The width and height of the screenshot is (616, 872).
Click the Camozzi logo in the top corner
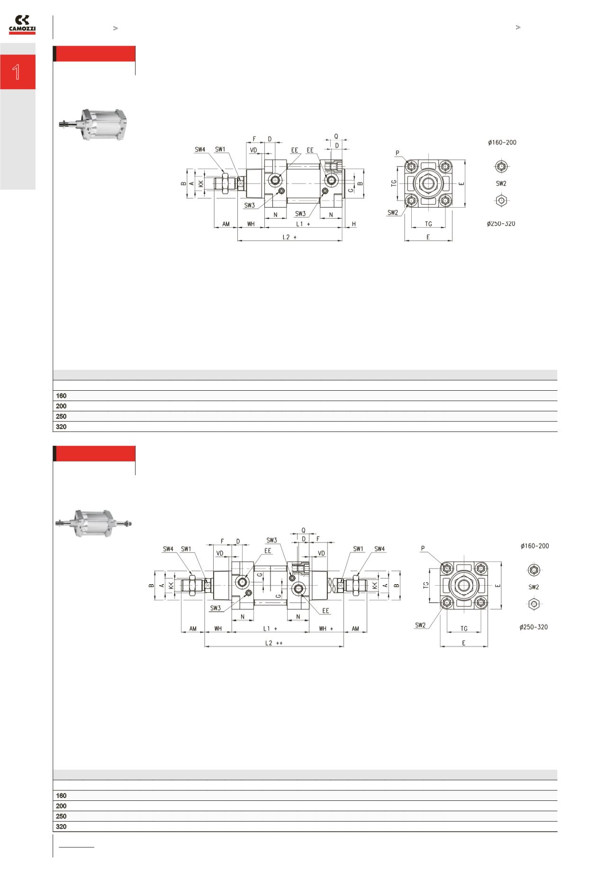click(x=22, y=25)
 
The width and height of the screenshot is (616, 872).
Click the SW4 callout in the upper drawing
click(x=200, y=149)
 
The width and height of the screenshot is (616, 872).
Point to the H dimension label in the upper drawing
click(x=353, y=224)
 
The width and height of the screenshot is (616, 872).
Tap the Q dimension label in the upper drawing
click(x=336, y=136)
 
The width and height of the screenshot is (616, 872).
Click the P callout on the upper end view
click(x=398, y=153)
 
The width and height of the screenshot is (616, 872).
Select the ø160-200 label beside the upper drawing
click(x=502, y=142)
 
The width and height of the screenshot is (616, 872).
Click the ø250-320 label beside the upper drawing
click(x=501, y=224)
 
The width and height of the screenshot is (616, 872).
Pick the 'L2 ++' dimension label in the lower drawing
click(x=274, y=643)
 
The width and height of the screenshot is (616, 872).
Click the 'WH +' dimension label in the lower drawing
click(x=326, y=629)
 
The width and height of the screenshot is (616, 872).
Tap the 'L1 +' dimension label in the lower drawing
click(x=270, y=629)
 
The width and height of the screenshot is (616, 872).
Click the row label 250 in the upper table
click(x=61, y=416)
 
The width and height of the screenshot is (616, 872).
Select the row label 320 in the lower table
click(x=61, y=826)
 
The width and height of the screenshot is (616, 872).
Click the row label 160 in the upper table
click(x=61, y=395)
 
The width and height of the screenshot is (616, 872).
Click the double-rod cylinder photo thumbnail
click(x=93, y=523)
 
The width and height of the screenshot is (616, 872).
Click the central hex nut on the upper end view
click(x=428, y=183)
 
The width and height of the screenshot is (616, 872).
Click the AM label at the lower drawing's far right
click(x=355, y=629)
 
